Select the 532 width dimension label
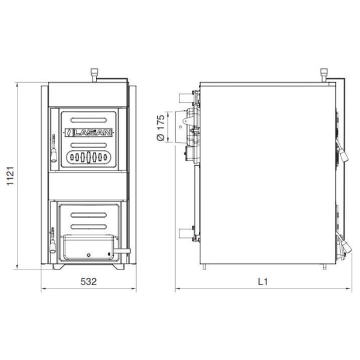click(88, 281)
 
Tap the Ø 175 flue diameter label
click(160, 128)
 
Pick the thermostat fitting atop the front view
click(94, 76)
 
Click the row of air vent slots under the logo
click(88, 158)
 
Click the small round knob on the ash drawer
click(88, 253)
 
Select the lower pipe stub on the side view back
click(185, 232)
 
